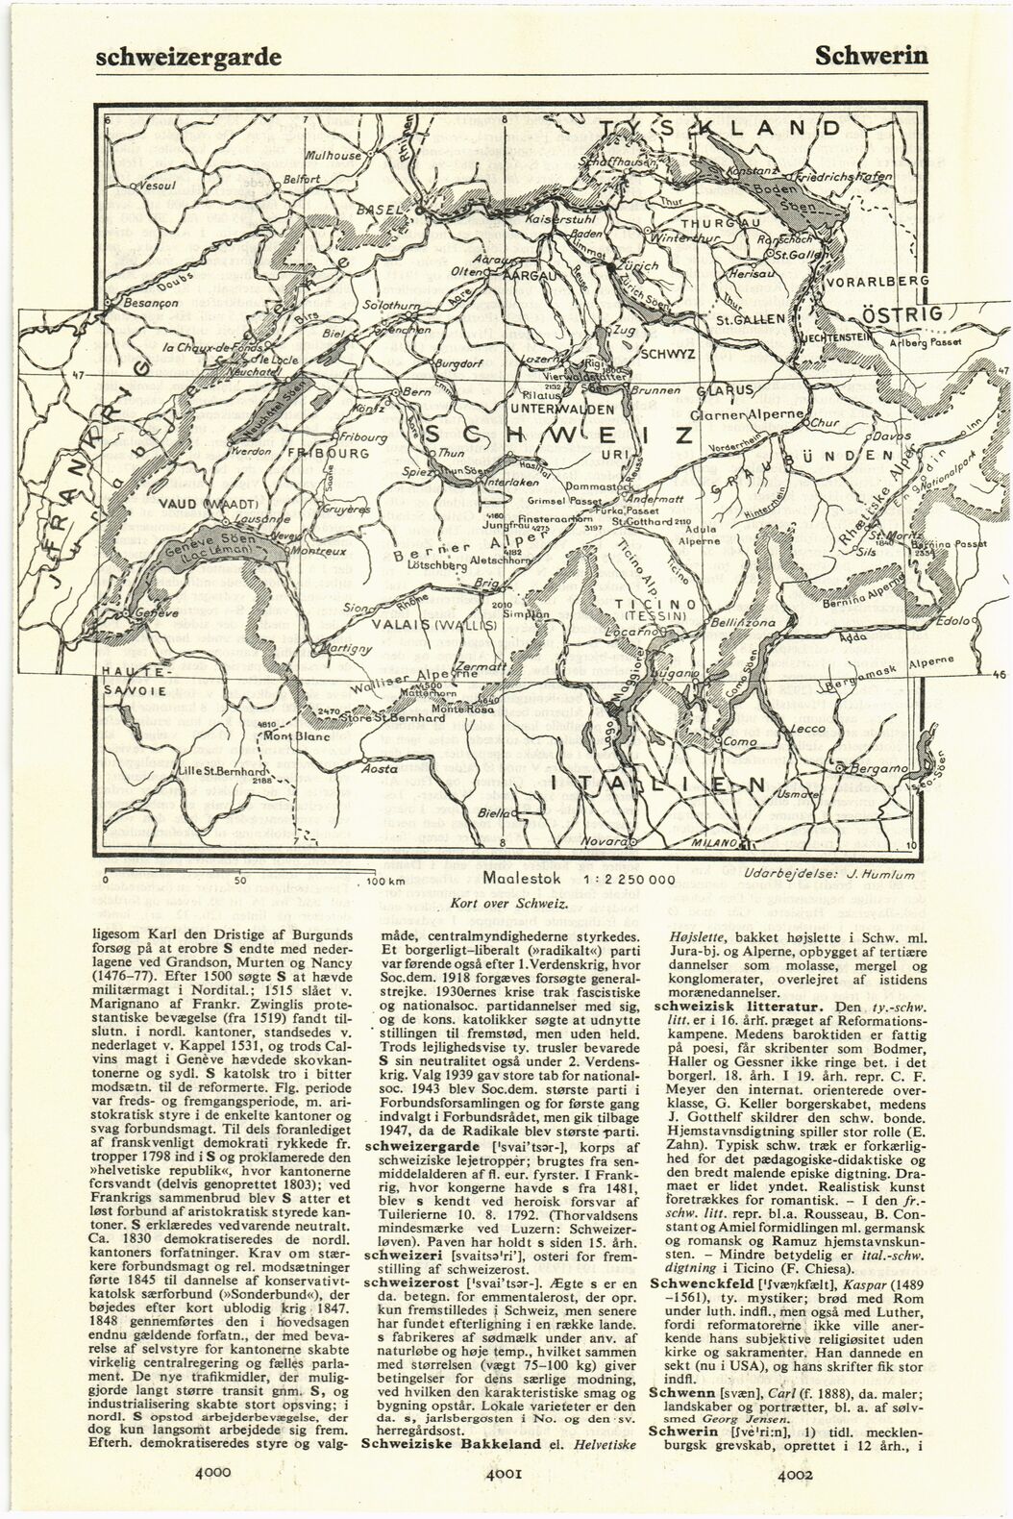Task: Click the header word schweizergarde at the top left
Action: click(188, 55)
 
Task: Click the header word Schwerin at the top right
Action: click(871, 55)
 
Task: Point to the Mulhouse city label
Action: click(332, 156)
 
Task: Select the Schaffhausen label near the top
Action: click(618, 163)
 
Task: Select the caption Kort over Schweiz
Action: click(507, 905)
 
